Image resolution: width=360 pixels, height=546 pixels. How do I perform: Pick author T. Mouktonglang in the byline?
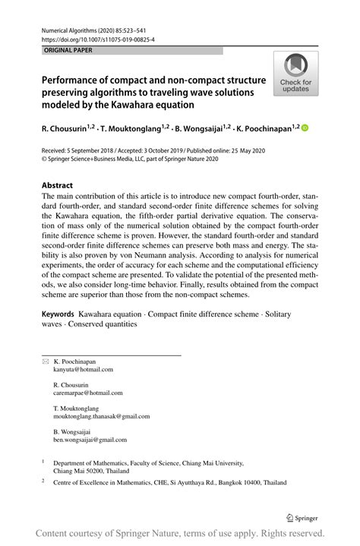click(137, 129)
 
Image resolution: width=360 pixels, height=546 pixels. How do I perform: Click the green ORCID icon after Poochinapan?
click(306, 129)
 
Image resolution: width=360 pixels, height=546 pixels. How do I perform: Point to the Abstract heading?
click(58, 185)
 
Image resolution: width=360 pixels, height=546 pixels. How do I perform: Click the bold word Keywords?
click(58, 314)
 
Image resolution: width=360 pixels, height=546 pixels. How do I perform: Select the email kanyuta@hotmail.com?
click(83, 370)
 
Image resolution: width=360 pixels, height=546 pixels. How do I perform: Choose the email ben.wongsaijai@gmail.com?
click(90, 440)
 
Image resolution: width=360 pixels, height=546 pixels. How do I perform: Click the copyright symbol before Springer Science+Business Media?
click(43, 159)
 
